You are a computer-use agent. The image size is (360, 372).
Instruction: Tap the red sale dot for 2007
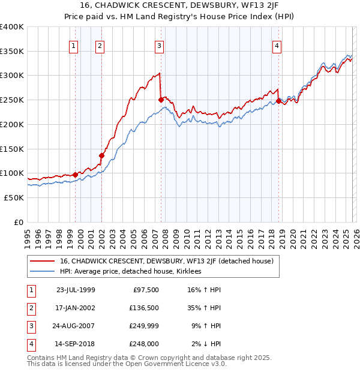click(161, 100)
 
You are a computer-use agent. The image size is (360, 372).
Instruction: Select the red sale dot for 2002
click(101, 155)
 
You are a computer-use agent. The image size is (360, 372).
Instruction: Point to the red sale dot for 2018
click(278, 101)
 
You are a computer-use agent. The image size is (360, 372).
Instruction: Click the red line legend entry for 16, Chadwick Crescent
click(167, 261)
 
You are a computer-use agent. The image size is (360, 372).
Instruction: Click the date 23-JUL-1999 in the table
click(76, 290)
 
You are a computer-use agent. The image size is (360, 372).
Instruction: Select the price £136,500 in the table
click(143, 308)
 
